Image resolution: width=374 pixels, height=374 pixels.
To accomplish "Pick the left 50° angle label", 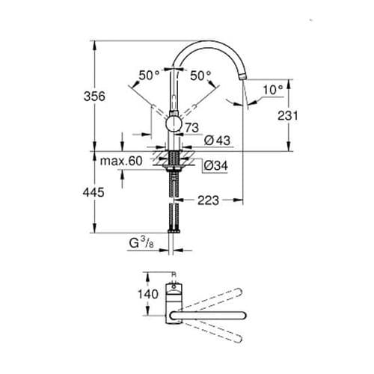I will (x=149, y=76).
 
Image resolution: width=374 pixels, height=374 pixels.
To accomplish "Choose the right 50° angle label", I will (x=200, y=76).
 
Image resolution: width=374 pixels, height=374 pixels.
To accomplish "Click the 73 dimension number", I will (x=192, y=129).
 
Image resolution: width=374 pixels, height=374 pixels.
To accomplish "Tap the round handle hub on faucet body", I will (x=173, y=124).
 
